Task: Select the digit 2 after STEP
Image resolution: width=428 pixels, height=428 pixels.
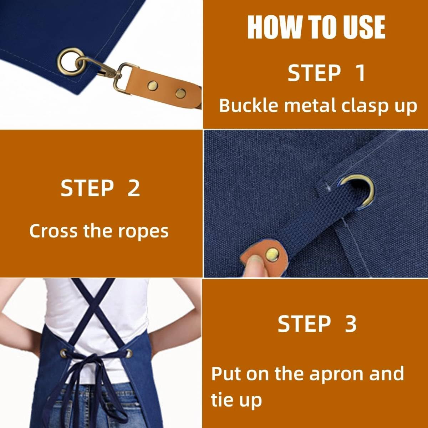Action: tap(133, 188)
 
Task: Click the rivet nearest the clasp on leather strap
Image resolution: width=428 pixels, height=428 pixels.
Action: tap(153, 86)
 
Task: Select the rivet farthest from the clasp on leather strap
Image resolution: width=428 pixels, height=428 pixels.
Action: tap(181, 93)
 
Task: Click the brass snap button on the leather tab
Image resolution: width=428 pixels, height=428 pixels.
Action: tap(272, 254)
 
